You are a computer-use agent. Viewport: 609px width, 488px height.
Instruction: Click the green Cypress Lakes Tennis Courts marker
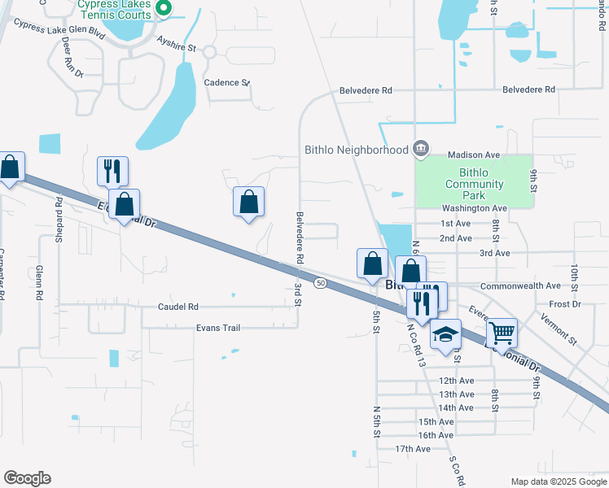click(x=163, y=8)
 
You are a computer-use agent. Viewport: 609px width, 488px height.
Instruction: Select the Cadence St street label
click(x=226, y=83)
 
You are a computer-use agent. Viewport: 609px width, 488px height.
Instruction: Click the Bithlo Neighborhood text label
click(x=356, y=150)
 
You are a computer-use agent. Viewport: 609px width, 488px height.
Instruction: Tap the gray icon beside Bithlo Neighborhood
click(x=420, y=148)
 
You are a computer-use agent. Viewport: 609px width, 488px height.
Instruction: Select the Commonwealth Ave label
click(x=520, y=286)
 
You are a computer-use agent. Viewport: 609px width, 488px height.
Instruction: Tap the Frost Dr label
click(x=564, y=303)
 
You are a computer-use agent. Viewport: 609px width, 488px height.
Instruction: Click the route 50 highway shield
click(x=321, y=283)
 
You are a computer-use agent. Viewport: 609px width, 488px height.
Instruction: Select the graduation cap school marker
click(x=445, y=334)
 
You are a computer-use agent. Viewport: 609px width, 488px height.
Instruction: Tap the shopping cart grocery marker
click(x=502, y=331)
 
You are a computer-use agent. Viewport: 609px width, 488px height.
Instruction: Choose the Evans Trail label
click(x=218, y=327)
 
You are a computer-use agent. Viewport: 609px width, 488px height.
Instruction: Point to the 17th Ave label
click(x=412, y=449)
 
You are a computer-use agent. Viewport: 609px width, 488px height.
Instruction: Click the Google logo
click(x=27, y=478)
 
